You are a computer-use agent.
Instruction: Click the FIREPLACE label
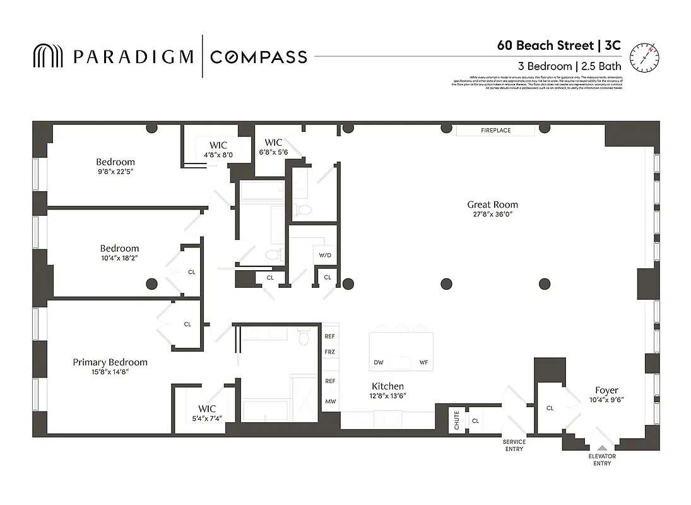[495, 131]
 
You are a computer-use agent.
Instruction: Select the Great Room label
[492, 205]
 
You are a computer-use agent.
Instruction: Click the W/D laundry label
[325, 256]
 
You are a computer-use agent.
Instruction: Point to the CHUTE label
[457, 420]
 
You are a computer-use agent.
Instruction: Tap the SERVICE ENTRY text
[514, 445]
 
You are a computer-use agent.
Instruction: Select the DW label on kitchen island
[379, 362]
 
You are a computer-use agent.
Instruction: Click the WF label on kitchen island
[424, 362]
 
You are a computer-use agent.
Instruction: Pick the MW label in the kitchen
[330, 401]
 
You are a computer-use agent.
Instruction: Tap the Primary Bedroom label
[110, 362]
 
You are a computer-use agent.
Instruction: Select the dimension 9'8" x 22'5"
[115, 171]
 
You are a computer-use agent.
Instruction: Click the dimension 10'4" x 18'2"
[119, 258]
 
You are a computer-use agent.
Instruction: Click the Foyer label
[606, 390]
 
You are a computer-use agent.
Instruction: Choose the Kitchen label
[387, 386]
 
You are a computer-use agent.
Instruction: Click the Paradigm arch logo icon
[48, 56]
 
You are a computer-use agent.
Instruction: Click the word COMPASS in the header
[258, 57]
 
